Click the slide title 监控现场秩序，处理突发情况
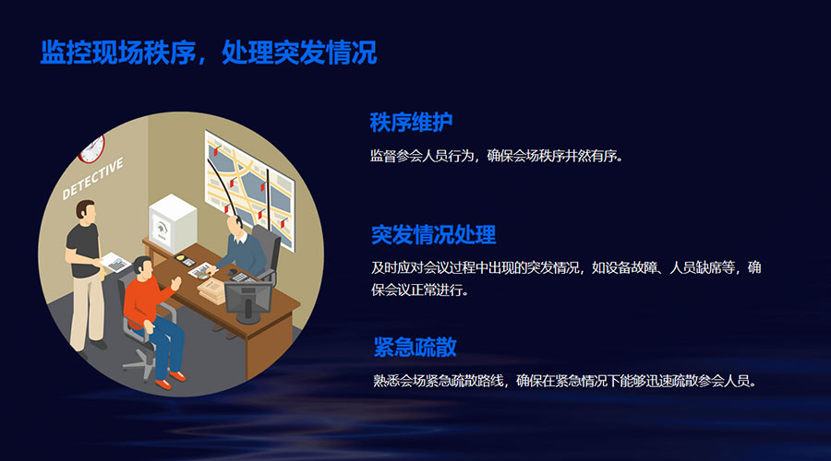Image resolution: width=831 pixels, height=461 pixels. pos(209,53)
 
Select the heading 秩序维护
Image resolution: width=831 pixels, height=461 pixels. pos(411,123)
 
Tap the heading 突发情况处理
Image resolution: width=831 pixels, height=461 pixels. pos(434,234)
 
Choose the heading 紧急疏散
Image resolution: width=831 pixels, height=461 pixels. pos(415,347)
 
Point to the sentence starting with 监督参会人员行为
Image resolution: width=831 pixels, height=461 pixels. pos(497,156)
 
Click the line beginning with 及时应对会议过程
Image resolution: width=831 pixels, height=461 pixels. pos(566,267)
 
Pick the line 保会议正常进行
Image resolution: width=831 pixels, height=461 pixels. pos(420,290)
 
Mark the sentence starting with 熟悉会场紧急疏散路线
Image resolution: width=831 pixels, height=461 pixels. pos(565,380)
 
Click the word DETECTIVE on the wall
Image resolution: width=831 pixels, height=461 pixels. pos(92,178)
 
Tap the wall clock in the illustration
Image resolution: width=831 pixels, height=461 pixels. pos(93,149)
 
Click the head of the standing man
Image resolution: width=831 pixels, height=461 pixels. pos(86,210)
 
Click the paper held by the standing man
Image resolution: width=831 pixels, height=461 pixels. pos(115,263)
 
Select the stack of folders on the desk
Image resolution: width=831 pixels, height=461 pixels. pos(211,291)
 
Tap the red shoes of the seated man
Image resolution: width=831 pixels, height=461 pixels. pos(171,381)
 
